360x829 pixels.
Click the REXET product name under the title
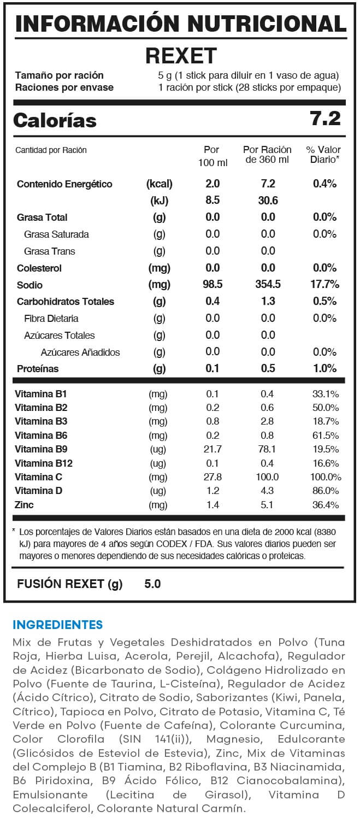click(x=181, y=56)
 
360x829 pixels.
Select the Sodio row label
click(x=29, y=285)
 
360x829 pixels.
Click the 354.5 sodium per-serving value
click(x=268, y=285)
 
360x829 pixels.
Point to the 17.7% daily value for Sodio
click(x=325, y=285)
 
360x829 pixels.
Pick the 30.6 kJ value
click(x=268, y=201)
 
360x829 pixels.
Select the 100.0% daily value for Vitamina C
click(x=325, y=477)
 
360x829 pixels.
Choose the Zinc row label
click(x=25, y=504)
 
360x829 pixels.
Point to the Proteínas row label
click(x=38, y=369)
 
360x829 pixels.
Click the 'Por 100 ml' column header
click(x=211, y=155)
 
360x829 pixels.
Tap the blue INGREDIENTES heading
click(x=57, y=625)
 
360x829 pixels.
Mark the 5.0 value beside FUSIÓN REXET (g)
click(x=152, y=584)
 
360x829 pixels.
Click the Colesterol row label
click(x=39, y=268)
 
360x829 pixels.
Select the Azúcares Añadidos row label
click(x=80, y=352)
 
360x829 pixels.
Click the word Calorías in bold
click(x=55, y=120)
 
